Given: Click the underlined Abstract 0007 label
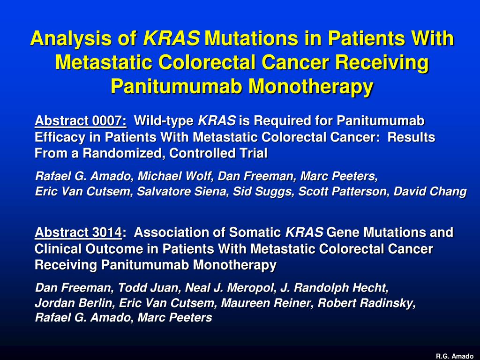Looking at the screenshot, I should click(x=81, y=121).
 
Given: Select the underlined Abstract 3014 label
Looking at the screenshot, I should click(x=78, y=232).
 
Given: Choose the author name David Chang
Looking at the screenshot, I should click(x=430, y=191).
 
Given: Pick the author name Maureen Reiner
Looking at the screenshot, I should click(x=266, y=303).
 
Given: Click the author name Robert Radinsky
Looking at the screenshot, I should click(x=367, y=303).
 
